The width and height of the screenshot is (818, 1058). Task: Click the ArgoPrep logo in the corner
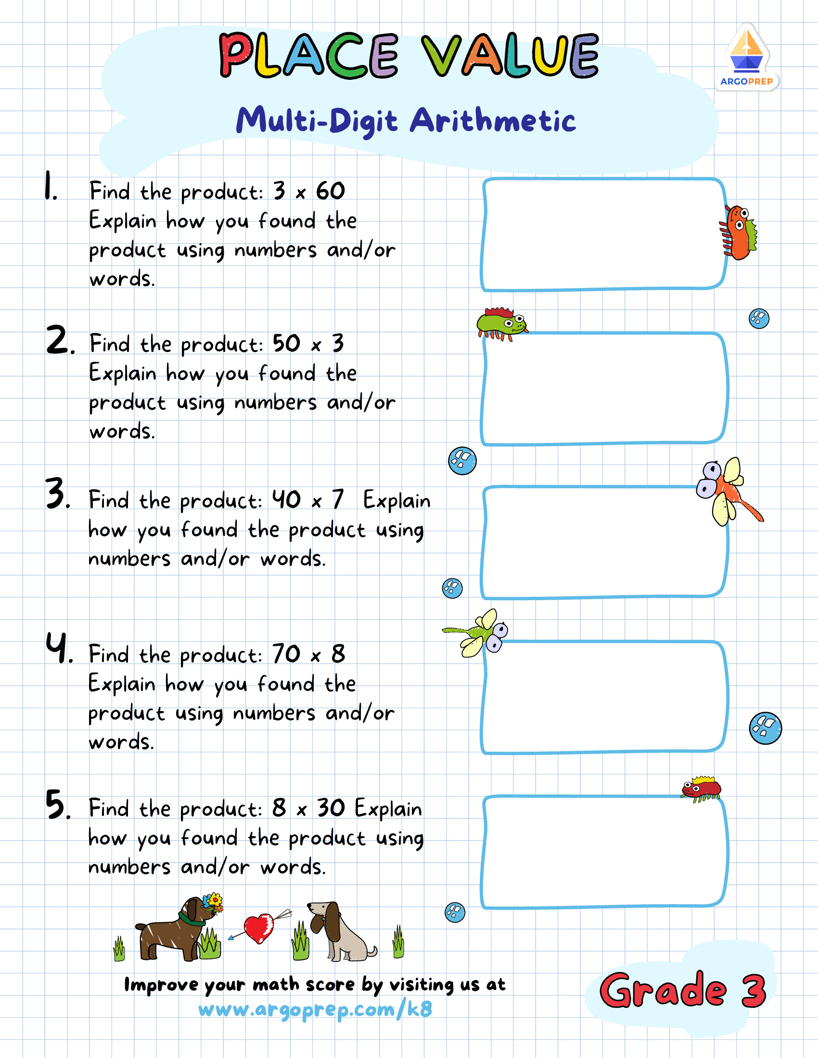[x=746, y=57]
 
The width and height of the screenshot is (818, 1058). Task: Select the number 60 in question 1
[x=331, y=190]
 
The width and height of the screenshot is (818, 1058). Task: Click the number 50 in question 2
[x=286, y=343]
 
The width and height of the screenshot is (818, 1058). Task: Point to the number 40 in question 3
[x=286, y=500]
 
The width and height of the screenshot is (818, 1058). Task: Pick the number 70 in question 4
[x=286, y=654]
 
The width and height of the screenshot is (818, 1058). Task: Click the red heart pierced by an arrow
[x=259, y=928]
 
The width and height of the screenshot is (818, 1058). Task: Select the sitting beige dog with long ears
[x=337, y=932]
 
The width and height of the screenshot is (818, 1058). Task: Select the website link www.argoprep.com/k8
[x=315, y=1009]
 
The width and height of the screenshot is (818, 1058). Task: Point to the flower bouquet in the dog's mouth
[x=214, y=902]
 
